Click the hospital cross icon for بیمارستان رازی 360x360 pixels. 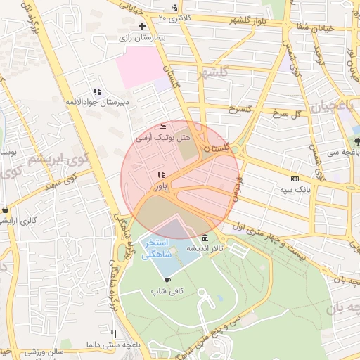pos(142,26)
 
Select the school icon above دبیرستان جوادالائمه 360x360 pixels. pos(97,91)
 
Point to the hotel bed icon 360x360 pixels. pos(163,127)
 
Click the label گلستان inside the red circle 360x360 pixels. pos(217,148)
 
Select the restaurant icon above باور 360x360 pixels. pos(161,174)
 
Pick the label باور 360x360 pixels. pos(161,186)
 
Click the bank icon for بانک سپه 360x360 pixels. pos(295,179)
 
